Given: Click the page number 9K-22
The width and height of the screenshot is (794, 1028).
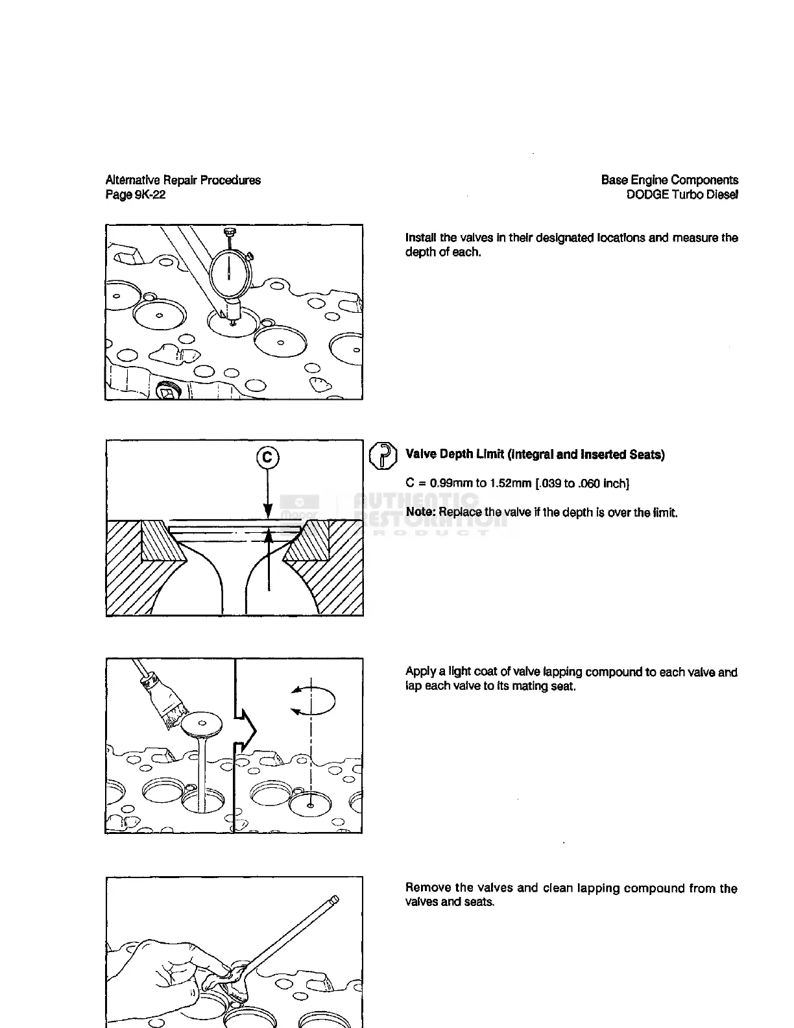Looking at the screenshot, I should [x=150, y=195].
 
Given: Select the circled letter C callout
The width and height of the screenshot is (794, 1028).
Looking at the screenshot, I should [x=267, y=458].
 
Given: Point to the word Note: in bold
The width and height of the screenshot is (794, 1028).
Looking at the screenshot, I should [x=420, y=513].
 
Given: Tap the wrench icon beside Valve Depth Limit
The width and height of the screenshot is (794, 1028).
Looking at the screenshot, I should [x=383, y=455].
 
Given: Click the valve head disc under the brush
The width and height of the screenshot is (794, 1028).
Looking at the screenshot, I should [x=202, y=724].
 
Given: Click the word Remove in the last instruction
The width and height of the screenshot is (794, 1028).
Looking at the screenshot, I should [x=427, y=888].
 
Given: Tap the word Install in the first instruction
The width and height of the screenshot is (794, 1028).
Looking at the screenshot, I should [x=421, y=238].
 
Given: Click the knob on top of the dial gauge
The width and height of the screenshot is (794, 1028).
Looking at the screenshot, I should [x=229, y=231].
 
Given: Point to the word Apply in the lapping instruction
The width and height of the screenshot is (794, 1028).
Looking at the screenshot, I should [x=420, y=672].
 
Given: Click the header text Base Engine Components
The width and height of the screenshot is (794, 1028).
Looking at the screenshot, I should [x=669, y=180].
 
